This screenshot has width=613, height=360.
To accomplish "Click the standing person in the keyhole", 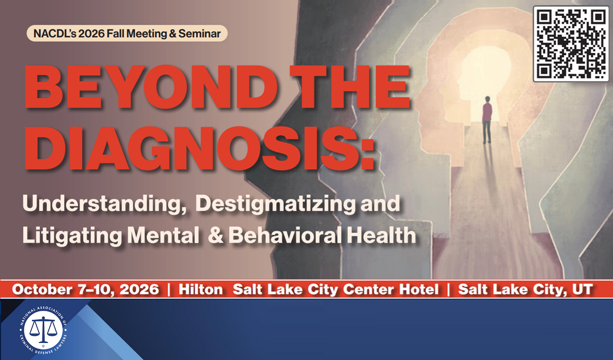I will [486, 120].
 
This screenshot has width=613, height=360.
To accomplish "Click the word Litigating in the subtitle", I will [62, 235].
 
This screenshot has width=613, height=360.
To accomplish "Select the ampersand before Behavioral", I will [216, 235].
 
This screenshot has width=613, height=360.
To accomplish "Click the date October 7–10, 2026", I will [85, 290].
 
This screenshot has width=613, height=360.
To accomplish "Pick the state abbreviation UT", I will [582, 290].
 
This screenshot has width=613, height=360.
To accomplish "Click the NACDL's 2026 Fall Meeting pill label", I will [127, 34].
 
